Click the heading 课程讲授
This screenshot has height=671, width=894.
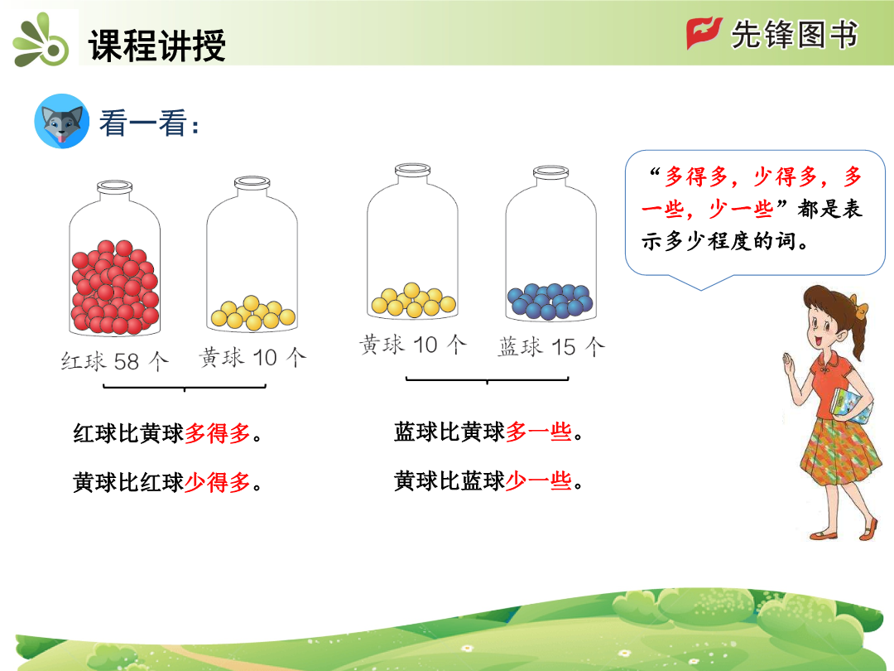coord(156,45)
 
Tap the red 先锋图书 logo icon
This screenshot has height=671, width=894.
coord(704,33)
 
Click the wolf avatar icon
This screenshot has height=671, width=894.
coord(61,121)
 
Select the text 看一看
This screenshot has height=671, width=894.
coord(143,123)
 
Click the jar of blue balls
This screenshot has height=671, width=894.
coord(550,244)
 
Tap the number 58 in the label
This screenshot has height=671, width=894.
coord(127,361)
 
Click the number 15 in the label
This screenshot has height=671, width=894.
coord(564,347)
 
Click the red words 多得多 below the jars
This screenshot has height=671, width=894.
coord(217,433)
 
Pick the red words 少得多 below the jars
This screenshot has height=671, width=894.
coord(217,483)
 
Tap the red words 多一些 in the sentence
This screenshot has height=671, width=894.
coord(539,432)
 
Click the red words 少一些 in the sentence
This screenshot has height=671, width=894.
coord(539,481)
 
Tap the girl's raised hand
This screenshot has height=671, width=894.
coord(789,364)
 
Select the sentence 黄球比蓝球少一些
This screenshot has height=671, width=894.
coord(488,481)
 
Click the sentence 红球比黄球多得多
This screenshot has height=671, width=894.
coord(167,433)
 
